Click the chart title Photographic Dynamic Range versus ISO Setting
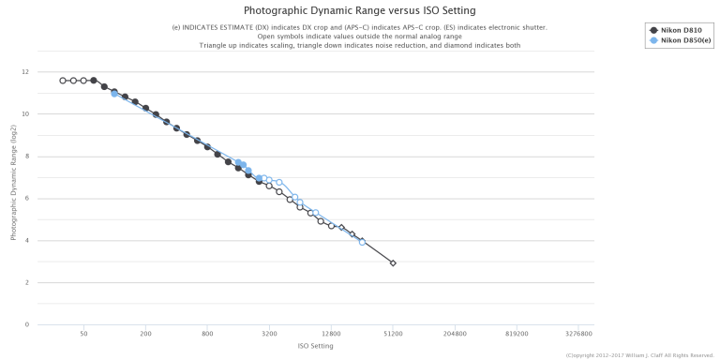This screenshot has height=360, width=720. point(359,10)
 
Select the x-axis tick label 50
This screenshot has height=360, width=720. point(83,334)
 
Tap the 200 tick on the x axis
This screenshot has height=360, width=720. point(145,334)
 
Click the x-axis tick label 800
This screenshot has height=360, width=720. point(207,334)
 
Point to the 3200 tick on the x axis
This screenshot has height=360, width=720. point(269,334)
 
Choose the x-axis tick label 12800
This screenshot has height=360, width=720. point(331,334)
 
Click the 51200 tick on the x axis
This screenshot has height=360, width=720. point(393,334)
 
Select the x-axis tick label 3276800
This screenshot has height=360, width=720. point(578,334)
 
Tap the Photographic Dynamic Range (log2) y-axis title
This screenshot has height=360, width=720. point(14,183)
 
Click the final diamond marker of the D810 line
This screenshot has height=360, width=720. point(393,263)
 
